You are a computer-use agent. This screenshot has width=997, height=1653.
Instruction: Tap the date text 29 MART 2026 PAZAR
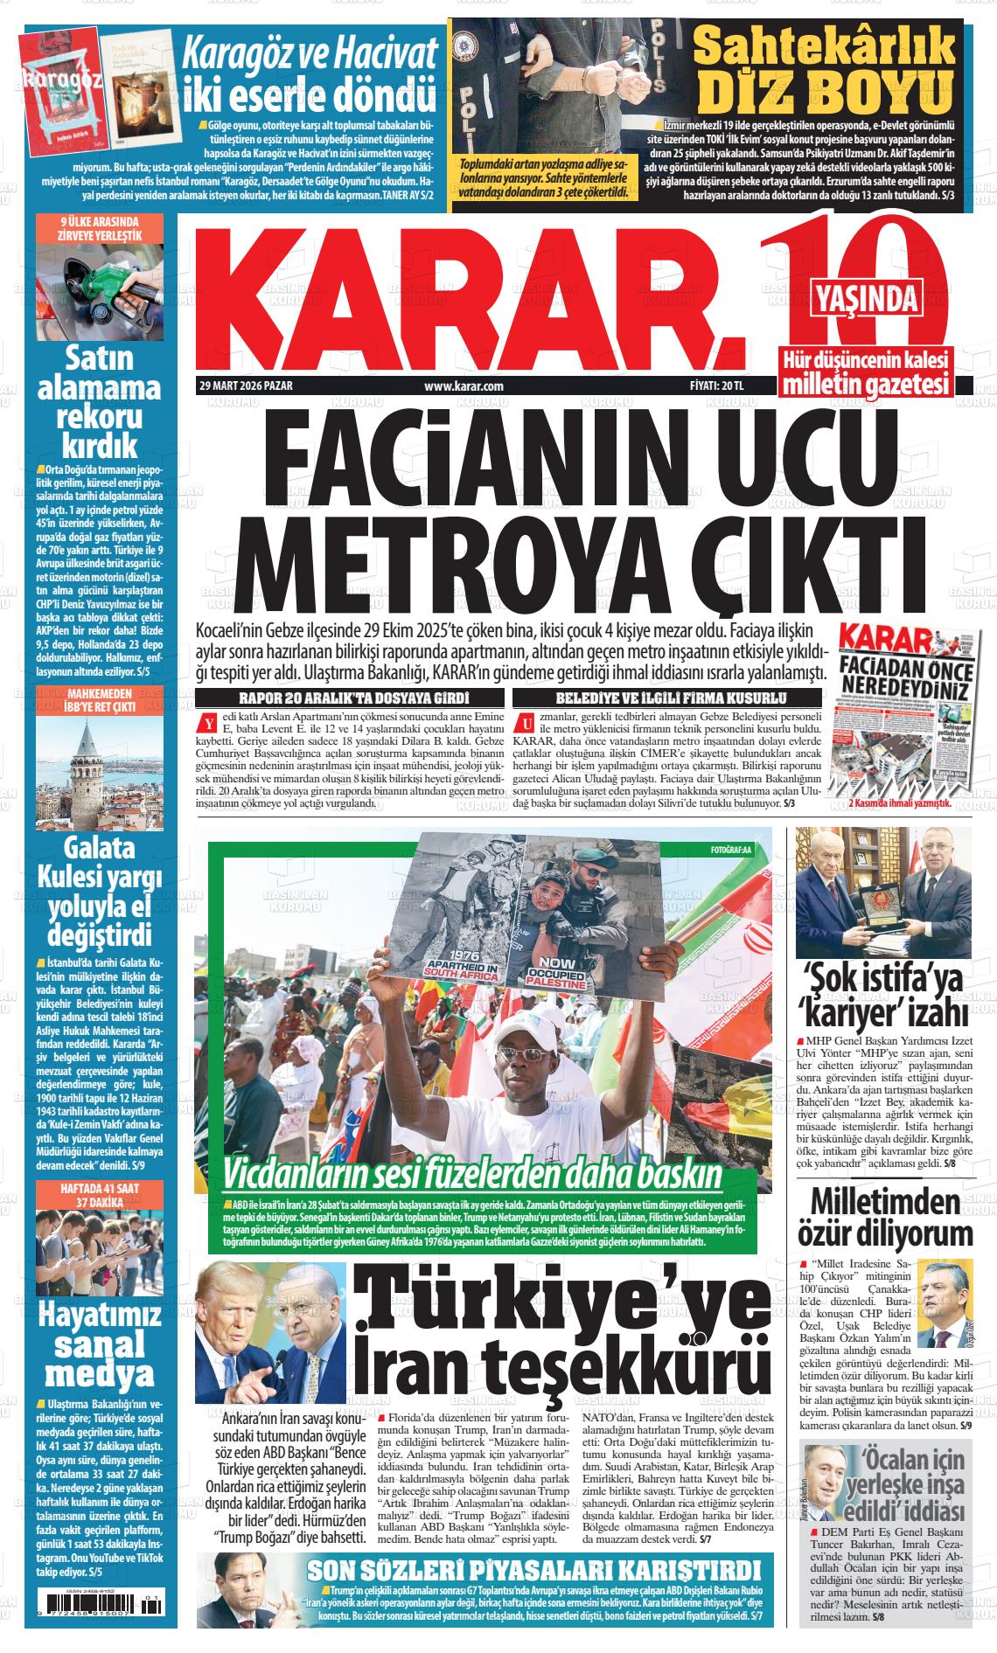click(x=246, y=385)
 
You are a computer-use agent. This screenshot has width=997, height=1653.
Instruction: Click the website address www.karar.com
click(x=464, y=385)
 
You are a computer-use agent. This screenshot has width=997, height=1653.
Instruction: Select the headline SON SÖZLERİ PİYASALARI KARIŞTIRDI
click(x=534, y=1567)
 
